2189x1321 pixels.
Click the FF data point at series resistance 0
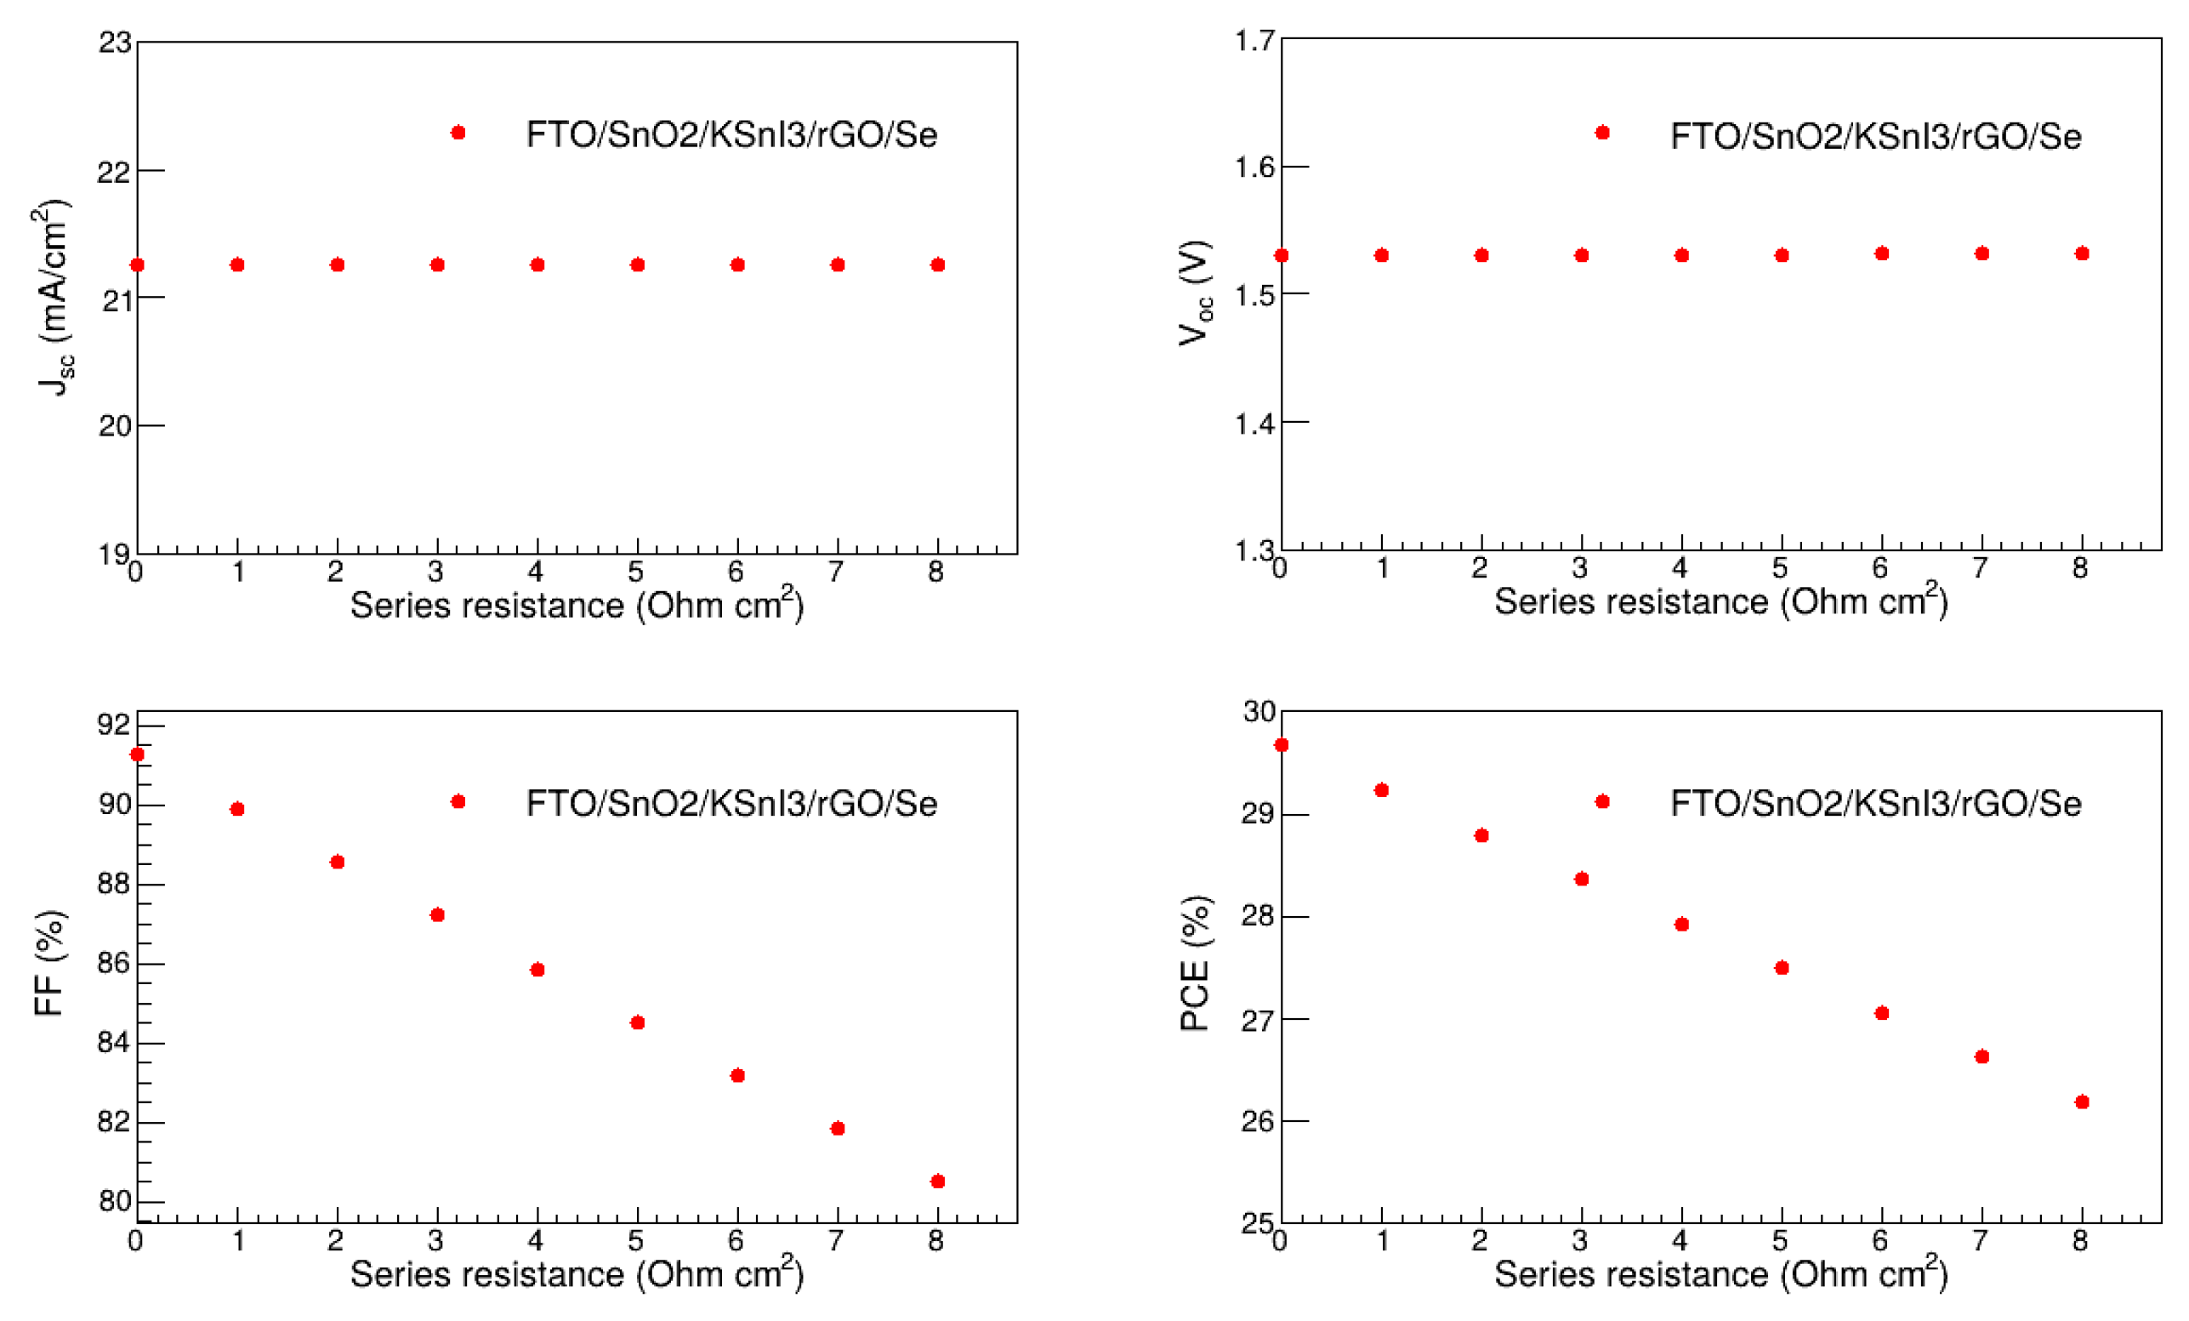(x=137, y=755)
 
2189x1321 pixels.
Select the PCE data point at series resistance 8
(x=2082, y=1102)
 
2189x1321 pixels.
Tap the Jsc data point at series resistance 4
(x=537, y=265)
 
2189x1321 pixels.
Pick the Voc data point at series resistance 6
(x=1882, y=253)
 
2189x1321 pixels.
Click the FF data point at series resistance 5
(x=637, y=1022)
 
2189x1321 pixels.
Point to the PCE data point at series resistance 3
(x=1581, y=880)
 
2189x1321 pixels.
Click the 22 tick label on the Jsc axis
(x=114, y=173)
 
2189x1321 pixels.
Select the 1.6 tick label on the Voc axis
(x=1254, y=167)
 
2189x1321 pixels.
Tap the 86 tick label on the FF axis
(x=114, y=963)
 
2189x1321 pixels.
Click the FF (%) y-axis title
(x=49, y=963)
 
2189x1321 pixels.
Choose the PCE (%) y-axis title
(x=1196, y=963)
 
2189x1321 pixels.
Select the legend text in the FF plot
(x=731, y=804)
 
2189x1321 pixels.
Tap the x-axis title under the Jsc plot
(x=577, y=606)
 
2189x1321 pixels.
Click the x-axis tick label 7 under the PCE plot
(x=1981, y=1241)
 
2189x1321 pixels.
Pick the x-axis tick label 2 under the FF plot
(x=335, y=1241)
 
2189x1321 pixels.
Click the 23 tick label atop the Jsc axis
(x=115, y=43)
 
